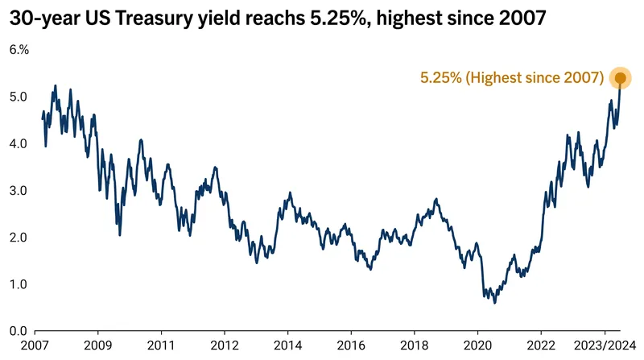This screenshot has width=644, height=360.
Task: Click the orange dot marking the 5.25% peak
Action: click(x=620, y=77)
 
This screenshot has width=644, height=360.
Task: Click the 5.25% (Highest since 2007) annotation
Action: click(x=512, y=77)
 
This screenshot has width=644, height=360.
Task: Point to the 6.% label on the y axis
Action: click(x=19, y=50)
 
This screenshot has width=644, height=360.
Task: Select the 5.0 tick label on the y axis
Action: click(x=19, y=97)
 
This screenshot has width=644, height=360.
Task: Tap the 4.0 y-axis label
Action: click(x=19, y=144)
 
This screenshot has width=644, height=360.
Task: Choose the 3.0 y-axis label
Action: click(x=19, y=191)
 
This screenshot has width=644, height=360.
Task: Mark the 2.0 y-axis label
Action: click(x=19, y=238)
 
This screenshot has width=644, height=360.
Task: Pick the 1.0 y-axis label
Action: click(x=19, y=284)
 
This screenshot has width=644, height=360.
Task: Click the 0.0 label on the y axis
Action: click(x=19, y=331)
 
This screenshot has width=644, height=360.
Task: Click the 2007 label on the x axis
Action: click(x=35, y=346)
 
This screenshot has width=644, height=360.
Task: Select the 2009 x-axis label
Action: click(x=97, y=346)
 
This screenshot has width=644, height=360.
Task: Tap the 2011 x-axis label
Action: click(x=161, y=346)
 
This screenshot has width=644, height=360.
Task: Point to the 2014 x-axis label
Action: click(x=288, y=346)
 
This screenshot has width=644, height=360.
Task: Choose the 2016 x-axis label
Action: click(x=351, y=346)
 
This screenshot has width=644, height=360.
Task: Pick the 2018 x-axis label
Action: click(x=415, y=346)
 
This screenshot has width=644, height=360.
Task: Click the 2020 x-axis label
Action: click(x=477, y=346)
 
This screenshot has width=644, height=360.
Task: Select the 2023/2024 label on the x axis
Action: click(x=605, y=346)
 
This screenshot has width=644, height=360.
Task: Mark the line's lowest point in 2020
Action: click(x=494, y=304)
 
